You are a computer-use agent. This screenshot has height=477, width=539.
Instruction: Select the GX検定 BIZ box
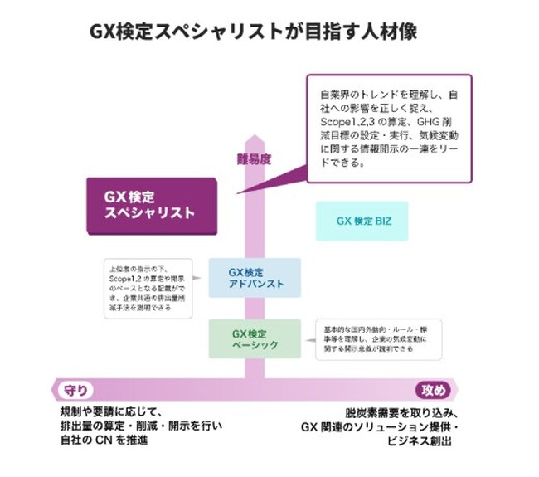tap(363, 221)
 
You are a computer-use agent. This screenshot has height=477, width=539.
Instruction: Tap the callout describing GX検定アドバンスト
tap(146, 287)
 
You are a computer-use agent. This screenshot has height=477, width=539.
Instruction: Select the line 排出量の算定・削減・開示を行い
tap(139, 426)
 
